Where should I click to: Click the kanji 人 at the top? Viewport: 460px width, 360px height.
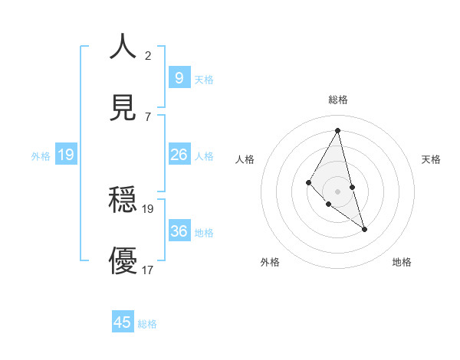click(123, 47)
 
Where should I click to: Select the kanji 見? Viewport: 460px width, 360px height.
click(123, 109)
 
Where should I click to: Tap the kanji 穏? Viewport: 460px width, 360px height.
click(123, 201)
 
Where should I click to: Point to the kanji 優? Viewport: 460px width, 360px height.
click(123, 261)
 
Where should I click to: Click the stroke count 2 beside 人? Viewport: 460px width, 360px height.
click(148, 55)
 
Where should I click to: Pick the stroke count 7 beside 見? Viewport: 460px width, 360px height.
click(148, 116)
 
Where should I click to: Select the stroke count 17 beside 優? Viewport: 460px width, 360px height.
click(148, 270)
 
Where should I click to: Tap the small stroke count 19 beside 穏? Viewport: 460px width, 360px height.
click(148, 208)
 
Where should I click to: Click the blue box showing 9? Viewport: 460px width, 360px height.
click(179, 77)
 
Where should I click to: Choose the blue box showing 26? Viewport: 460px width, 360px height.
click(179, 155)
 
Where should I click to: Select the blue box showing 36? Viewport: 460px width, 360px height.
click(179, 231)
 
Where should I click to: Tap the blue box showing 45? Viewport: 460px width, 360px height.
click(123, 322)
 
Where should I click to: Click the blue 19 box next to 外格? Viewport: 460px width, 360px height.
click(66, 155)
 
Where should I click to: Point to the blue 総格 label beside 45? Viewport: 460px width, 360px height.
click(147, 324)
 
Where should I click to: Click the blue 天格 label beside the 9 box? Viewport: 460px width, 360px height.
click(204, 79)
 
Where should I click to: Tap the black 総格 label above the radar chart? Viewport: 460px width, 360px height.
click(338, 100)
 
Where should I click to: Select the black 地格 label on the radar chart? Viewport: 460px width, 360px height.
click(402, 262)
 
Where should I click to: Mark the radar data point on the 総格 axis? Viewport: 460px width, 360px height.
click(337, 129)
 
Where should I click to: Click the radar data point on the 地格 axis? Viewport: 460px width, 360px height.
click(365, 229)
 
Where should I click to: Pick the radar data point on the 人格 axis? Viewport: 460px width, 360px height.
click(308, 182)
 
